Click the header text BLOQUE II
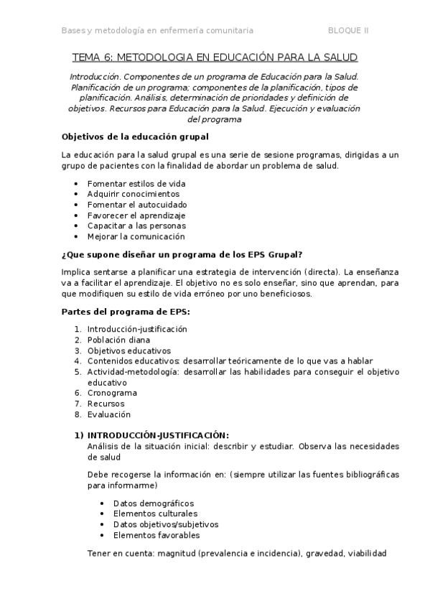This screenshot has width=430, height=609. point(348,31)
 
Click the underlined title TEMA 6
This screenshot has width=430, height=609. point(215,57)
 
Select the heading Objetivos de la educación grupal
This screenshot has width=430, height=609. point(135,136)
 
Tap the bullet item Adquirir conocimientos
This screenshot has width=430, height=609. point(134,194)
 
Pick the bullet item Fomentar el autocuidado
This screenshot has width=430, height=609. point(136,205)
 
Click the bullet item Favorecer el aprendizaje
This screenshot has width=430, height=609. point(136,215)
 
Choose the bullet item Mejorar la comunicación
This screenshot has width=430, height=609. point(136,236)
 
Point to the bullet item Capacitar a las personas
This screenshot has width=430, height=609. point(136,226)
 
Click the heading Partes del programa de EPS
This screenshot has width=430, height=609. point(126,311)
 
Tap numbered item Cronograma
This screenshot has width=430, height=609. point(112,393)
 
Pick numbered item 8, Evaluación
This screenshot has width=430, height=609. point(109,414)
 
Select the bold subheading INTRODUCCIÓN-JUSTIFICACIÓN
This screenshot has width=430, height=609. point(157,435)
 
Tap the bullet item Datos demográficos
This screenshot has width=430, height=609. point(153,503)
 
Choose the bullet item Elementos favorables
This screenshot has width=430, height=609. point(156,535)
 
